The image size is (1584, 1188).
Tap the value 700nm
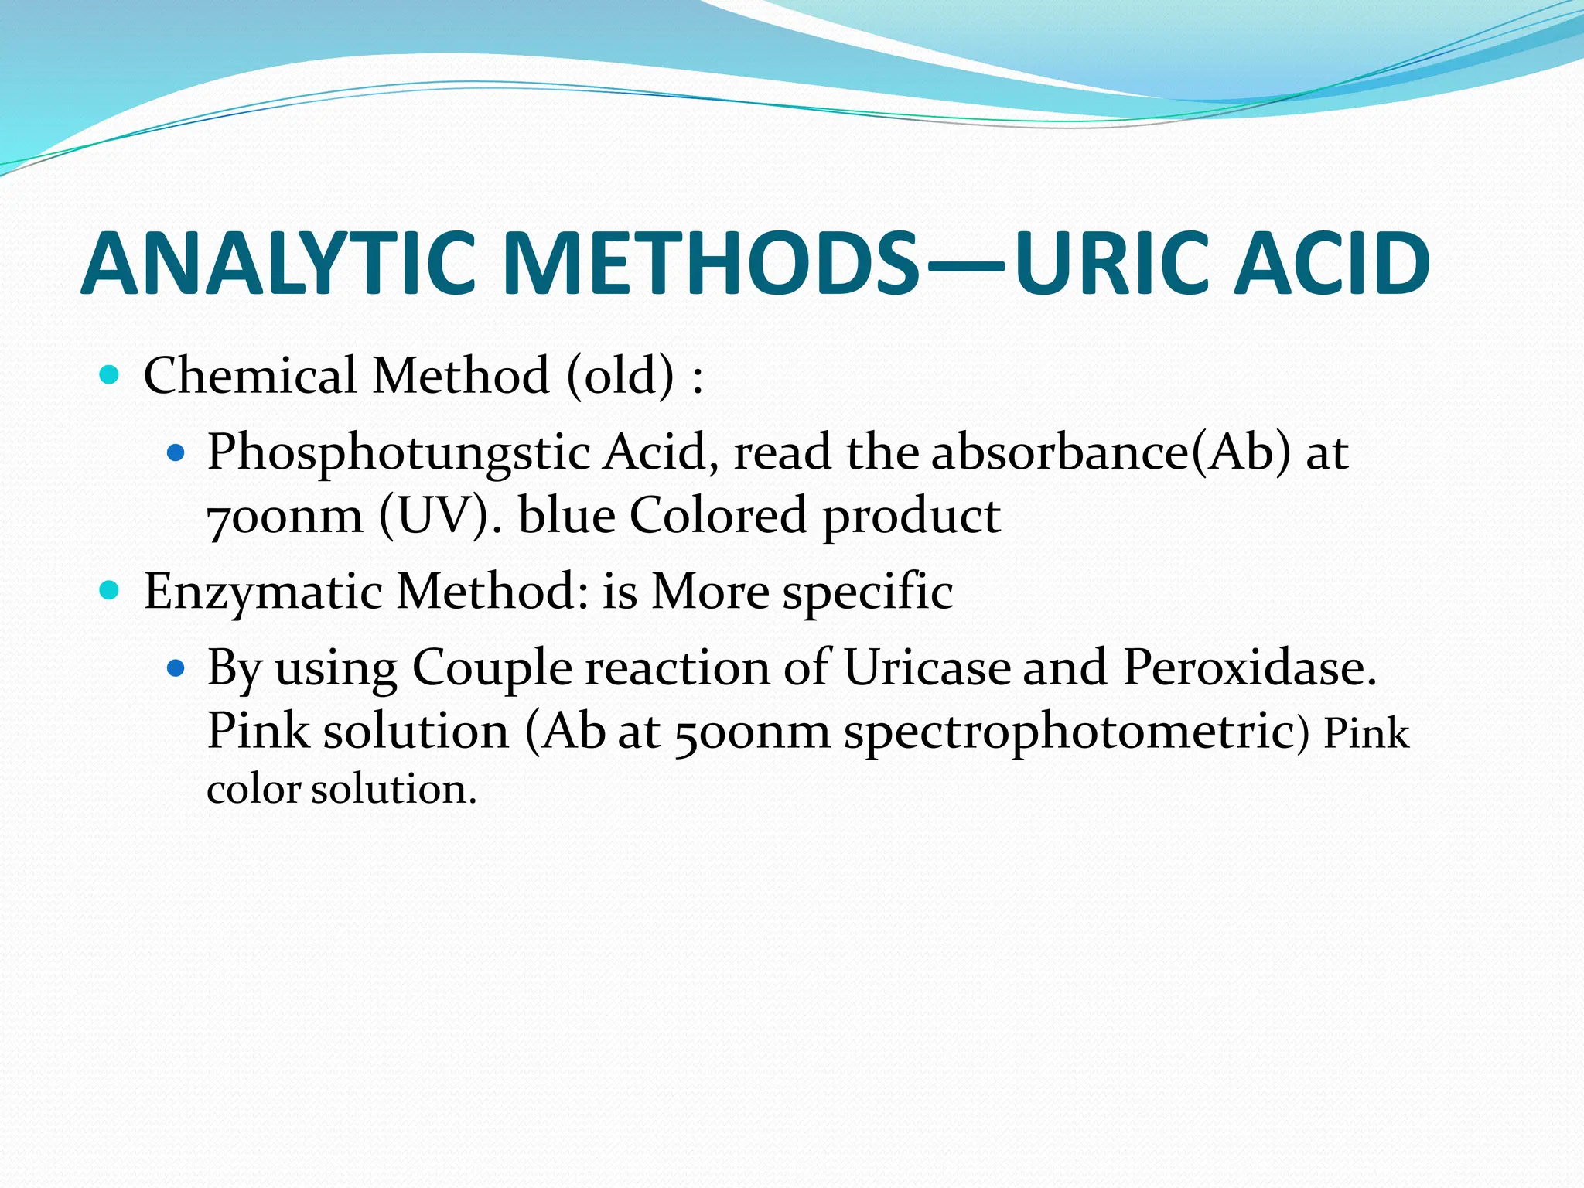pyautogui.click(x=285, y=517)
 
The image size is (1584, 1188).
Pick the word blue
pyautogui.click(x=567, y=517)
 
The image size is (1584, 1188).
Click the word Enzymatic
pyautogui.click(x=263, y=592)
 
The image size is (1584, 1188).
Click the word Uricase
pyautogui.click(x=927, y=667)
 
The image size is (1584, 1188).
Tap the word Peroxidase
pyautogui.click(x=1248, y=667)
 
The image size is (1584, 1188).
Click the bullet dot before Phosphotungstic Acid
pyautogui.click(x=177, y=452)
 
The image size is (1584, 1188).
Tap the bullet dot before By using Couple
pyautogui.click(x=177, y=667)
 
